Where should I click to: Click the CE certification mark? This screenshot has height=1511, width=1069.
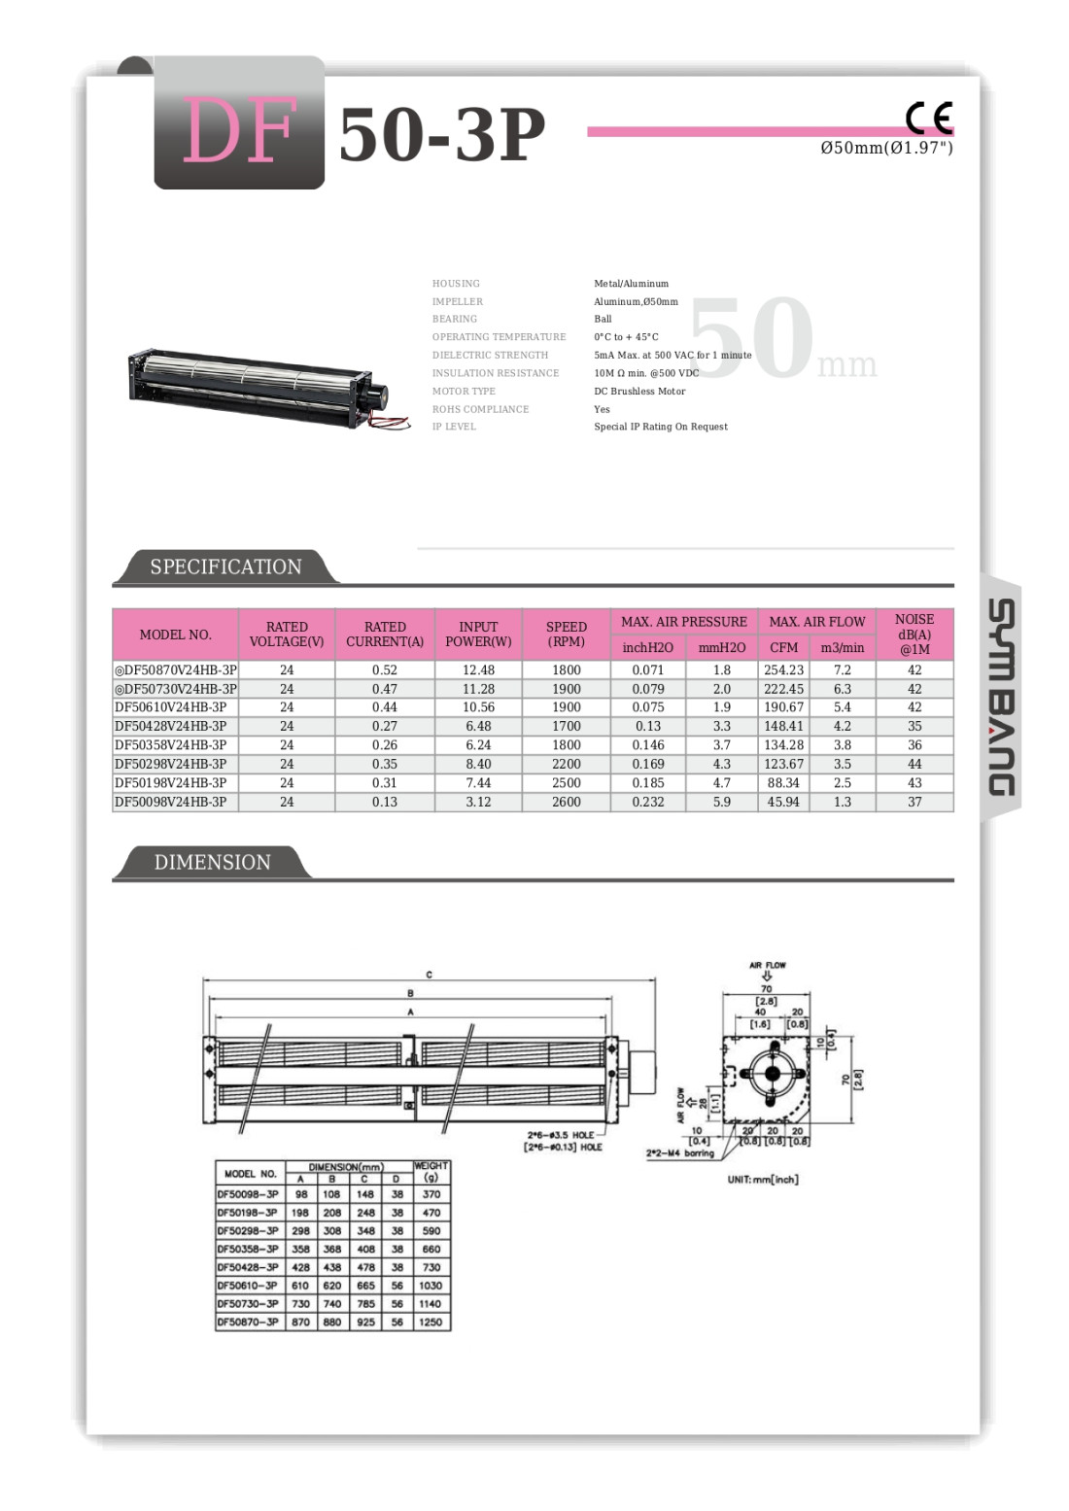(928, 119)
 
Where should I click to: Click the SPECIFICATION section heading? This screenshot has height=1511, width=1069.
(225, 567)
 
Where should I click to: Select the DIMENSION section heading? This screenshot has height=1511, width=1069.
(212, 862)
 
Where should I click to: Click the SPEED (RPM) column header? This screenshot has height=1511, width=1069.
(566, 634)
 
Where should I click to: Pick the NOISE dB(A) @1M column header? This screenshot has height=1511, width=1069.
(914, 634)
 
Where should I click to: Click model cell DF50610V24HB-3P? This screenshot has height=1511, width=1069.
(171, 707)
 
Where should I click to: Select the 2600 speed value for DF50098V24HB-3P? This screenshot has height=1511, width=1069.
(566, 802)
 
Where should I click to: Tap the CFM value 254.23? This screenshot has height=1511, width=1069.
(783, 670)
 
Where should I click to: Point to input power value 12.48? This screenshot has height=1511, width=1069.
(478, 670)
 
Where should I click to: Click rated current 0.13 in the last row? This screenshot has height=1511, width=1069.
(384, 802)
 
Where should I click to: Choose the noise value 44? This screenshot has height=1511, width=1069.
(914, 764)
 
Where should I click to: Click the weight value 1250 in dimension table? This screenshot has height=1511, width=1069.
(431, 1322)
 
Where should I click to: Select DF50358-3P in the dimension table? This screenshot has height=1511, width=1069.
(248, 1249)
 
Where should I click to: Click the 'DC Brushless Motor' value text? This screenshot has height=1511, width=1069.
(639, 392)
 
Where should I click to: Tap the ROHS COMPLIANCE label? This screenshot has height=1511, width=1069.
(480, 409)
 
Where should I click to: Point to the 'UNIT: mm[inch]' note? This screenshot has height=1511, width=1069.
(763, 1180)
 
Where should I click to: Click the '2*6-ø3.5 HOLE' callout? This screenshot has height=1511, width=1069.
(561, 1135)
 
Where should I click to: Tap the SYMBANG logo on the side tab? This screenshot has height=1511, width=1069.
(1002, 697)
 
